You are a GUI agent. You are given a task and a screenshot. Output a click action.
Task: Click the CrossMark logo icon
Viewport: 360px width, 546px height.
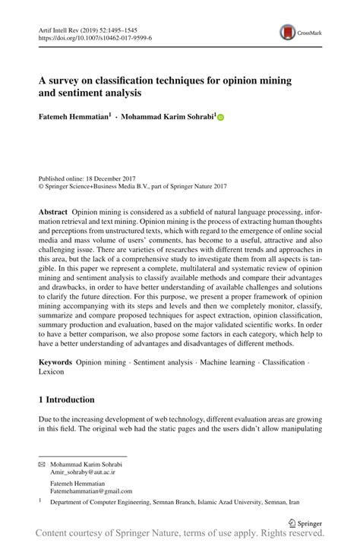(x=289, y=31)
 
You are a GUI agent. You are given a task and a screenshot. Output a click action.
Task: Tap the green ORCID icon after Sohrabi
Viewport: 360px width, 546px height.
(x=221, y=118)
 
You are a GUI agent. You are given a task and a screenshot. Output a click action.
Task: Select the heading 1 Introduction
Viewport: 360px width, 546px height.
(x=67, y=399)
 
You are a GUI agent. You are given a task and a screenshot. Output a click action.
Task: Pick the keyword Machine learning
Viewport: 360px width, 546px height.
(x=226, y=364)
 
